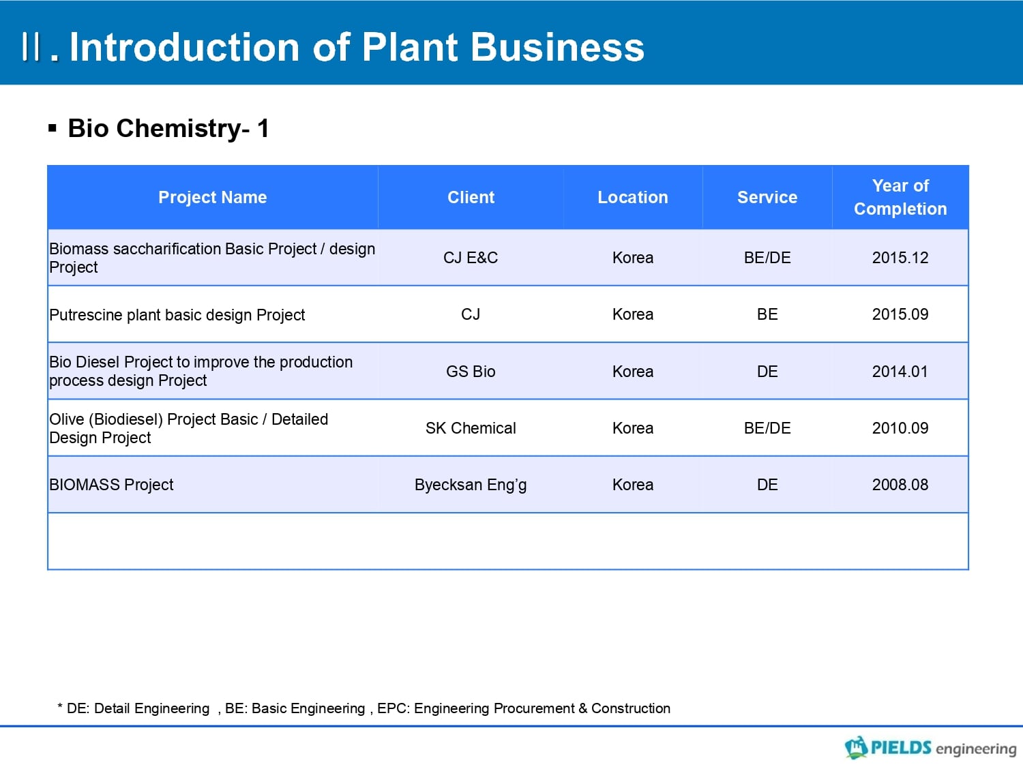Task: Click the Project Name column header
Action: click(213, 197)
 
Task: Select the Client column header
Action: click(471, 197)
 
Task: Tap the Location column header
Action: click(632, 197)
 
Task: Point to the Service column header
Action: click(767, 197)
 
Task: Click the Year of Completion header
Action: click(900, 197)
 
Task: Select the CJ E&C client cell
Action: click(471, 258)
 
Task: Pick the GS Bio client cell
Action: click(471, 371)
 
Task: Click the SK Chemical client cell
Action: click(471, 428)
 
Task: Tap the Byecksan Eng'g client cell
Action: click(471, 485)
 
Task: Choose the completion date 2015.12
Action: click(900, 258)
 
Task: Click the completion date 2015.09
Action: click(900, 314)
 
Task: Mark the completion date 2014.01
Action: click(900, 371)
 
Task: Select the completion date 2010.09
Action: click(900, 428)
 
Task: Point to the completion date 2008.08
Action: click(900, 485)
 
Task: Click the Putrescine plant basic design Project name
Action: click(177, 315)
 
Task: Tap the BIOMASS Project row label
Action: click(111, 485)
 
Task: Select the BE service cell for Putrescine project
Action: click(767, 314)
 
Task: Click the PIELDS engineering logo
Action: click(930, 747)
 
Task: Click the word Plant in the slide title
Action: click(410, 47)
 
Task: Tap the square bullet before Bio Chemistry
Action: click(53, 128)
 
